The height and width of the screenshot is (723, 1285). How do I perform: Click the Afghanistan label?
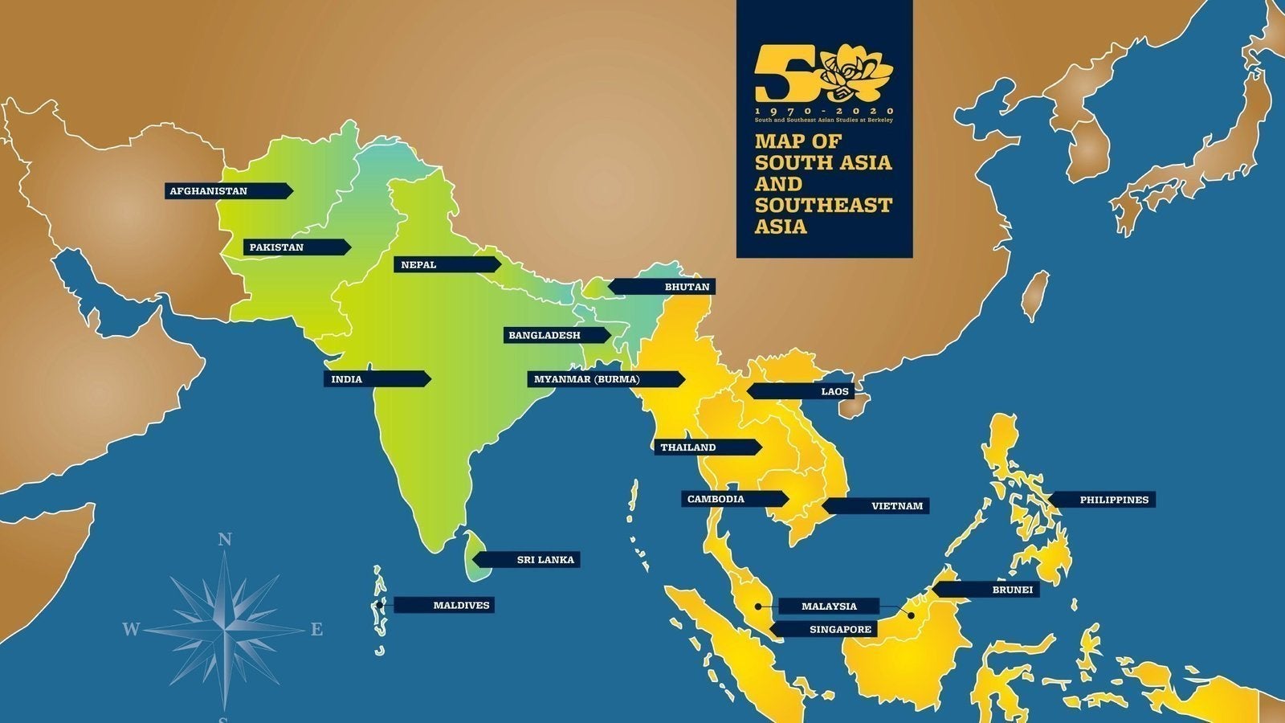coord(209,191)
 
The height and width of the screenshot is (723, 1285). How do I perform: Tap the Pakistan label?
coord(276,247)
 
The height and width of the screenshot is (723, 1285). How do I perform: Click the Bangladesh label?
coord(544,335)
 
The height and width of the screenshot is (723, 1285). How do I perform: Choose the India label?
coord(347,379)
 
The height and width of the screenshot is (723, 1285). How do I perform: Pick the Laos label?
coord(834,392)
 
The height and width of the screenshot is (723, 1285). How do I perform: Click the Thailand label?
coord(687,447)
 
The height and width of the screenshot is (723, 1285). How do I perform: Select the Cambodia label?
coord(715,499)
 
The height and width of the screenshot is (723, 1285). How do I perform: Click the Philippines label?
coord(1113,500)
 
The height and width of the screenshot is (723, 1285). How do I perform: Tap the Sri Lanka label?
coord(545,560)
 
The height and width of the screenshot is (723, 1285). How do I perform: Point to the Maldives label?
coord(461,606)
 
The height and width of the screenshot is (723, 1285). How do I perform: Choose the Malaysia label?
coord(829,607)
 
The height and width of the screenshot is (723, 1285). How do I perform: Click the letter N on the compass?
coord(226,541)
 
